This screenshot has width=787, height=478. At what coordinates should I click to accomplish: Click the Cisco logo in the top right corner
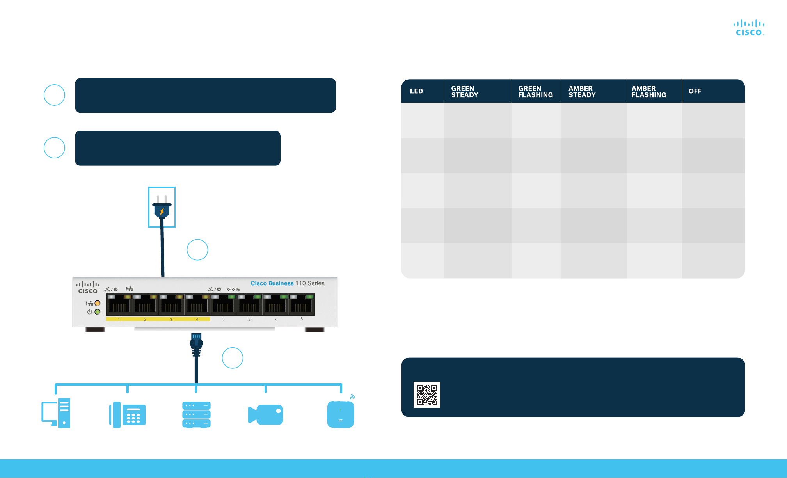tap(749, 27)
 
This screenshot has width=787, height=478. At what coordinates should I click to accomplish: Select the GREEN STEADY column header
tap(465, 91)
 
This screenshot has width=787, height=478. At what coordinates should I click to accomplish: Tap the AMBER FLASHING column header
tap(649, 91)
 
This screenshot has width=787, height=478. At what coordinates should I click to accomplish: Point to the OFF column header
tap(695, 91)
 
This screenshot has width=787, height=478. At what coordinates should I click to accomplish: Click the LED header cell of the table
tap(416, 91)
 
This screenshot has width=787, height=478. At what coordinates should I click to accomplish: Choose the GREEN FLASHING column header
tap(535, 91)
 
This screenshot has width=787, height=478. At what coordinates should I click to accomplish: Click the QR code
tap(427, 394)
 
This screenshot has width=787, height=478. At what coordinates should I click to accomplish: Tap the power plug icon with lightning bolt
tap(162, 207)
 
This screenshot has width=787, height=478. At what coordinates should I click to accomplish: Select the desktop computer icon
tap(56, 413)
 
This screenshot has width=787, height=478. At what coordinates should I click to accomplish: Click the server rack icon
tap(196, 414)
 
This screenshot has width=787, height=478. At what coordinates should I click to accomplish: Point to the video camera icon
tap(265, 414)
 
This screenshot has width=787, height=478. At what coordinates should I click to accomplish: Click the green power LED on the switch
tap(98, 312)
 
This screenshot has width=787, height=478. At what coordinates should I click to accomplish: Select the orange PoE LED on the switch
tap(98, 303)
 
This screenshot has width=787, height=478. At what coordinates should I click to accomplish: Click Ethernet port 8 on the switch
tap(302, 305)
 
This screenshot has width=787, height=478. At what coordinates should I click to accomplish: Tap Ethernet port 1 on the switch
tap(119, 305)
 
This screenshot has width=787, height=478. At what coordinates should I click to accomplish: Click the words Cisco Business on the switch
tap(272, 283)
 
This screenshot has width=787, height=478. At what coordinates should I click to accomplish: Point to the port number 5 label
tap(224, 319)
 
